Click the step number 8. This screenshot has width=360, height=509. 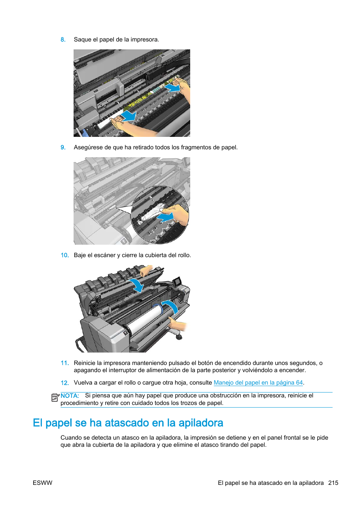click(x=63, y=40)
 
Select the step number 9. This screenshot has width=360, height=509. click(x=63, y=147)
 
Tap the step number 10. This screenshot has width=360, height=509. click(x=65, y=255)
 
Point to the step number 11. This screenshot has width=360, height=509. click(x=65, y=363)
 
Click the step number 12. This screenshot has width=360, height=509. click(x=65, y=383)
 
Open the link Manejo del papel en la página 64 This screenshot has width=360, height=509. click(x=258, y=383)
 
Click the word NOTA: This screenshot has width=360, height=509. click(x=70, y=396)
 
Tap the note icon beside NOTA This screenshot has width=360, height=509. click(x=55, y=397)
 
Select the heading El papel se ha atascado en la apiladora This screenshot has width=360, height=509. click(x=128, y=423)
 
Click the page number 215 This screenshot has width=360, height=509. click(x=333, y=483)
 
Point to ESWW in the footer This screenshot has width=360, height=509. click(x=43, y=483)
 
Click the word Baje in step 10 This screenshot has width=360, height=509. click(x=80, y=255)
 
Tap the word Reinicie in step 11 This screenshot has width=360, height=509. click(x=85, y=363)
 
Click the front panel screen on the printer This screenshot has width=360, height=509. click(x=177, y=281)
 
